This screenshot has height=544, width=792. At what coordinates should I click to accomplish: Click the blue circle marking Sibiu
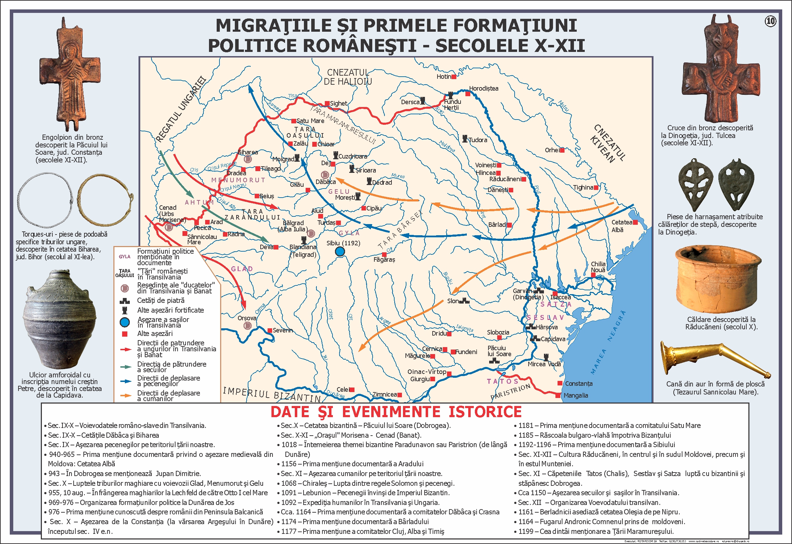pyautogui.click(x=340, y=251)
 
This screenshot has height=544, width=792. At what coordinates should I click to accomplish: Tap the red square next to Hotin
pyautogui.click(x=454, y=77)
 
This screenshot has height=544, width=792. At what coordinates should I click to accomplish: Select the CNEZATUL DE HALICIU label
pyautogui.click(x=348, y=77)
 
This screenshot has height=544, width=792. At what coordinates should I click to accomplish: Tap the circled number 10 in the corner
pyautogui.click(x=770, y=21)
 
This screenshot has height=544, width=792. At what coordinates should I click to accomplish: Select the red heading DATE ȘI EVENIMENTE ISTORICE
pyautogui.click(x=396, y=412)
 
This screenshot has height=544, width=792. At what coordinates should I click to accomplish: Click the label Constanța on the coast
pyautogui.click(x=578, y=383)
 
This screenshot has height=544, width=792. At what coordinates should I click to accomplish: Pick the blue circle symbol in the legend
pyautogui.click(x=125, y=322)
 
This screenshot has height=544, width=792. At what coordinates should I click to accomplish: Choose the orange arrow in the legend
pyautogui.click(x=125, y=396)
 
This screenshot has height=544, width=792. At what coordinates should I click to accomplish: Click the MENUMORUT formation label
pyautogui.click(x=238, y=180)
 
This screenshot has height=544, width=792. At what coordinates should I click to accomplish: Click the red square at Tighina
pyautogui.click(x=596, y=187)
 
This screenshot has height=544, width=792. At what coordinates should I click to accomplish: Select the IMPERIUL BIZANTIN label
pyautogui.click(x=272, y=394)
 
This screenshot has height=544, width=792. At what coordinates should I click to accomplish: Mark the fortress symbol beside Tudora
pyautogui.click(x=465, y=139)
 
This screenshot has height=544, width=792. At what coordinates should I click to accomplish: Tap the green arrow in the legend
pyautogui.click(x=125, y=367)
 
